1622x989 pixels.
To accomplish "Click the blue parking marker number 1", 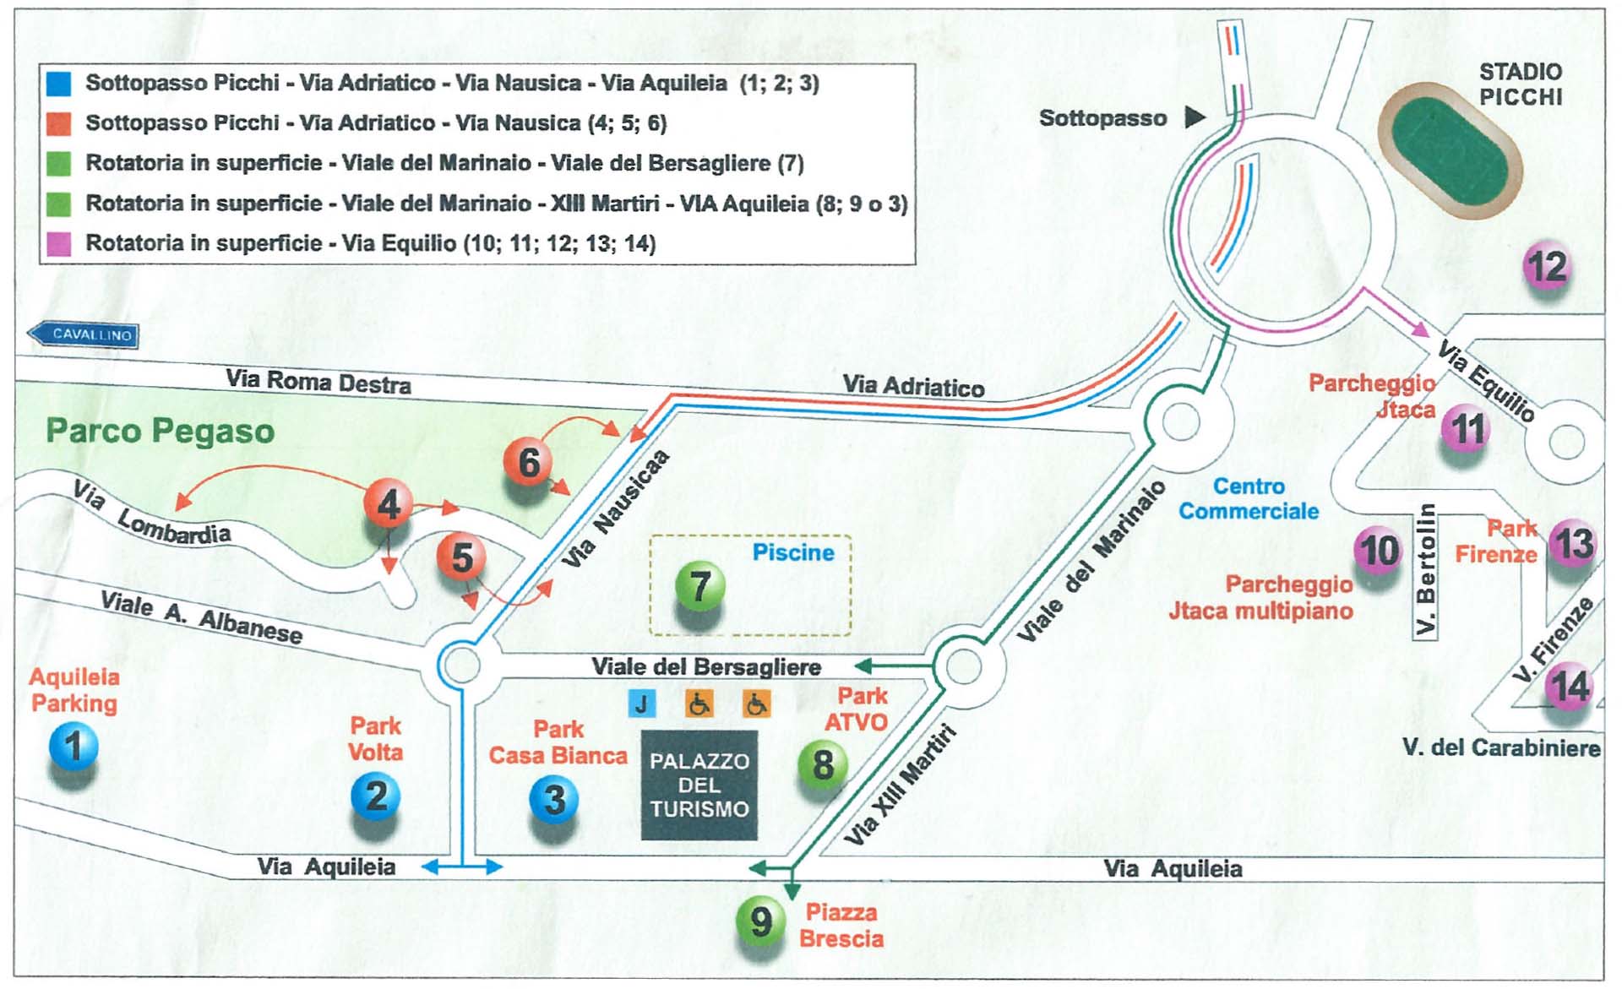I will (x=73, y=746).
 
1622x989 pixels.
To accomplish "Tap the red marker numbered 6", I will (x=528, y=461).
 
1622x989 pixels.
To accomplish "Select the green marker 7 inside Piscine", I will (x=699, y=585).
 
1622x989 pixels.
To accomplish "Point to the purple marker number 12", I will (x=1547, y=266).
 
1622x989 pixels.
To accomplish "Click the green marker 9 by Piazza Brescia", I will (x=760, y=921).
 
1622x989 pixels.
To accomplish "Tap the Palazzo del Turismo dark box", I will (x=699, y=785).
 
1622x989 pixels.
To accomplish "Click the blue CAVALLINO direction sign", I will (x=84, y=334).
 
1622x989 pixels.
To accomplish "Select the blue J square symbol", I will (x=642, y=704).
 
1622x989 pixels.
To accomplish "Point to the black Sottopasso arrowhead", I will (x=1195, y=117).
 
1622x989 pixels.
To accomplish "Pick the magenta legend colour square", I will (x=58, y=244).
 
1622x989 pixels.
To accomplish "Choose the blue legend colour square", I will (x=58, y=83).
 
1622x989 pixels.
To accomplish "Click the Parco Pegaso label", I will (x=161, y=431).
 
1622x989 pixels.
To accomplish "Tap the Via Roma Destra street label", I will (x=318, y=382).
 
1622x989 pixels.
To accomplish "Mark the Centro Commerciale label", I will (x=1249, y=498).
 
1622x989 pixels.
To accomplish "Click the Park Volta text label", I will (x=376, y=738).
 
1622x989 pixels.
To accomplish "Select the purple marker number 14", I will (x=1570, y=686).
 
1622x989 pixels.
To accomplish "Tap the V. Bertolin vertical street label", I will (x=1425, y=570).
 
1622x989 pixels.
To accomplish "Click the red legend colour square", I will (x=58, y=123).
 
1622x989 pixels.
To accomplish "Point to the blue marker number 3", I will (x=554, y=799).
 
